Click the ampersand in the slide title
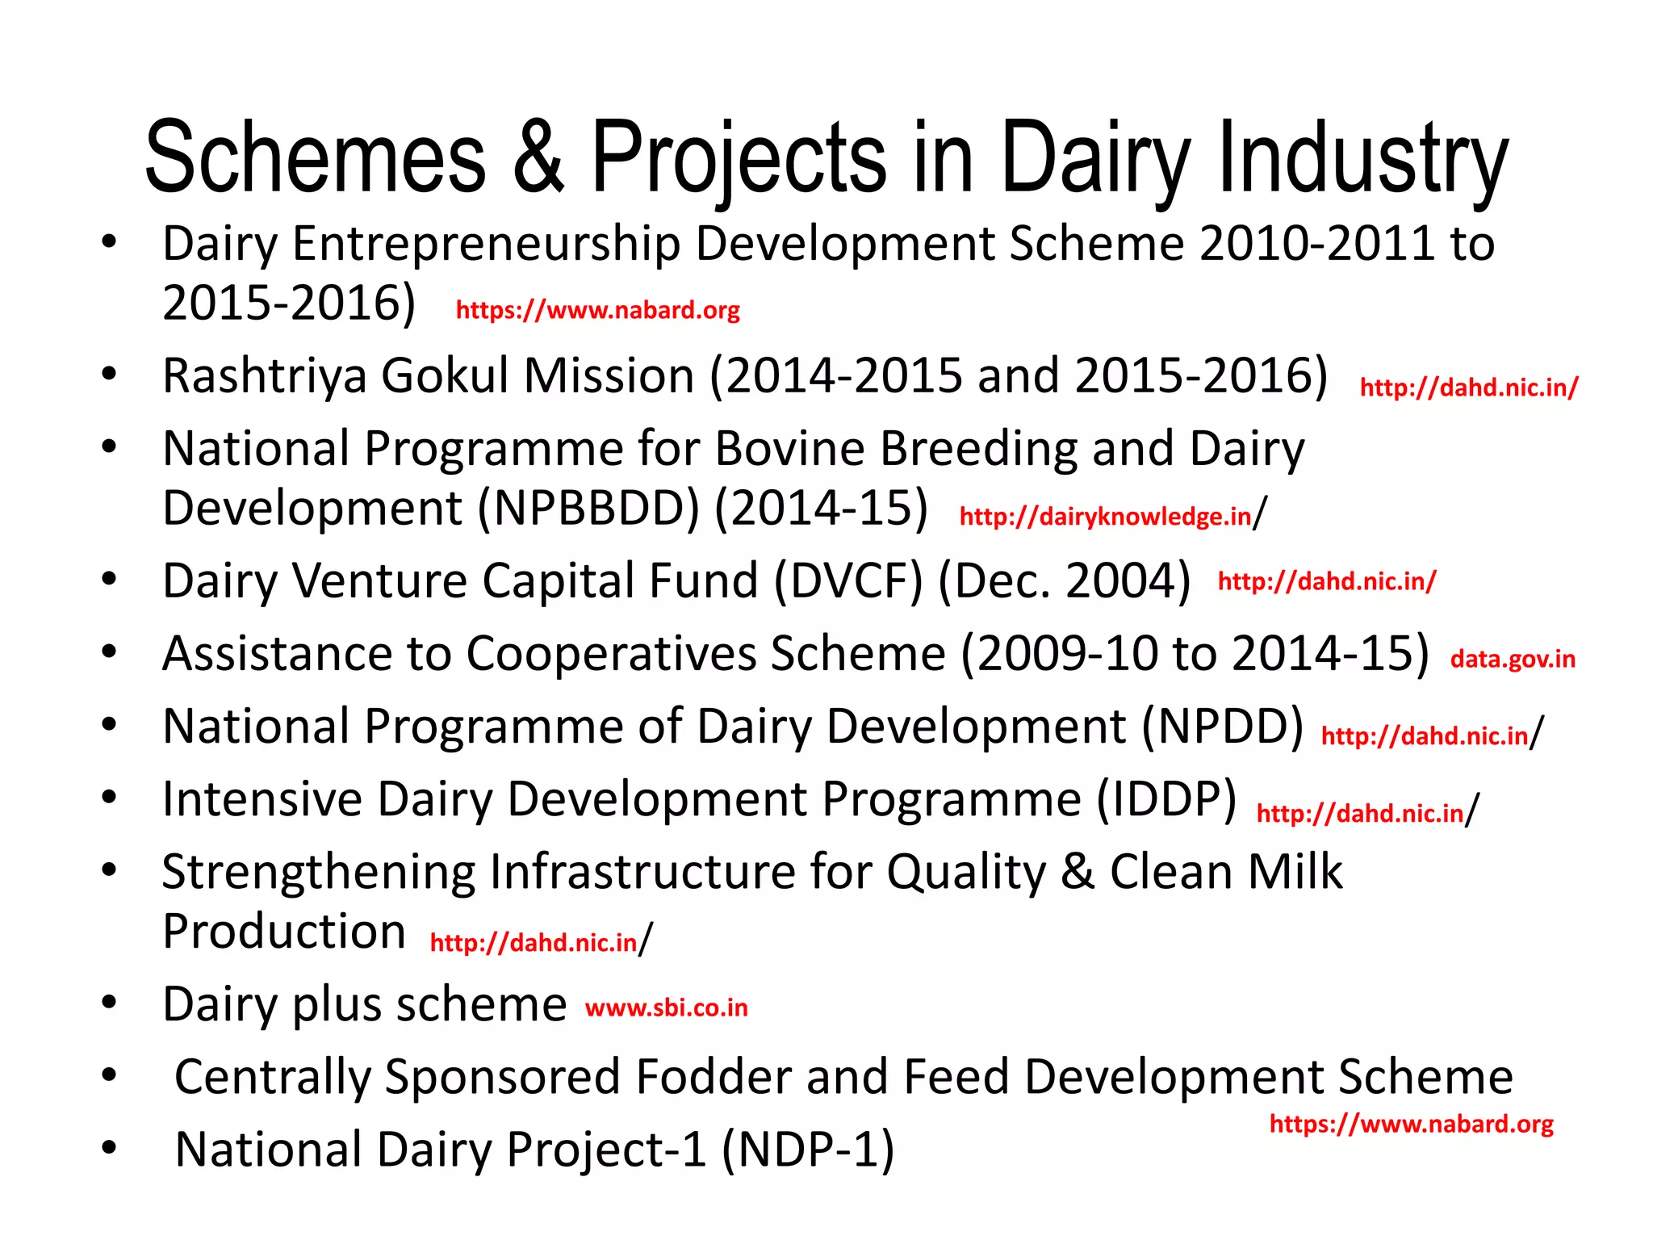[538, 157]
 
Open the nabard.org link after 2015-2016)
[597, 310]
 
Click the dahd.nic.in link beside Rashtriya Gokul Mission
[1468, 387]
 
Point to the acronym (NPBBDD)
[588, 509]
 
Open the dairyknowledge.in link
[1105, 517]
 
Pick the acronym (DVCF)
[847, 581]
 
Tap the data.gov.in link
[1513, 659]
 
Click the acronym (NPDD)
[1222, 727]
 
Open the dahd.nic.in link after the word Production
[534, 943]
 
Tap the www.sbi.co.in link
[667, 1008]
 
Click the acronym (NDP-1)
[808, 1150]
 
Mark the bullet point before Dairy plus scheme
[110, 1003]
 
